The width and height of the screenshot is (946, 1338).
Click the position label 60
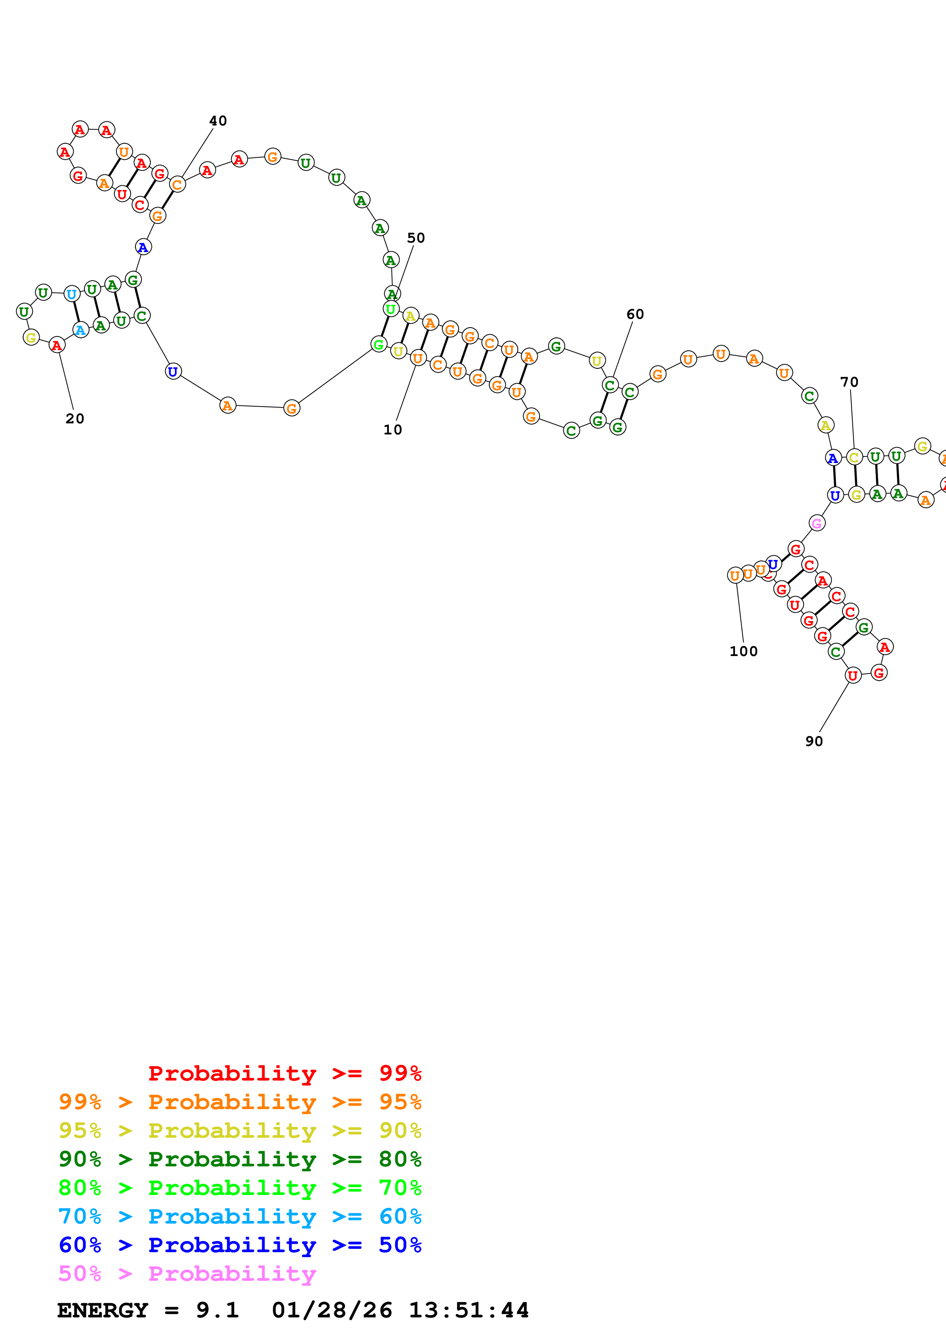[x=635, y=315]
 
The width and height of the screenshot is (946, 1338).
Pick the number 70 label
[x=849, y=382]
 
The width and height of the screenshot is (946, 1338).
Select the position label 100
[x=743, y=651]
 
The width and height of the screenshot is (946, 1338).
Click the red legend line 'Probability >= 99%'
[x=284, y=1073]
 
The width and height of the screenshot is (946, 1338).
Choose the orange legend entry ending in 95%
[x=240, y=1102]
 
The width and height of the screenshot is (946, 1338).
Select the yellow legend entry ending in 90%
[x=240, y=1131]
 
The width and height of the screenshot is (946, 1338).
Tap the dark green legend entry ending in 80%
[x=240, y=1159]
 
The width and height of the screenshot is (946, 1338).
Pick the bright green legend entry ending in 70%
[x=240, y=1188]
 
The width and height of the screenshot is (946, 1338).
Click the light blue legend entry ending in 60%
[x=240, y=1216]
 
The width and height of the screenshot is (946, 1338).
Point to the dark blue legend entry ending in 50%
[x=240, y=1245]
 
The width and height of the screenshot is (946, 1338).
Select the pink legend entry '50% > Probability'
[x=187, y=1273]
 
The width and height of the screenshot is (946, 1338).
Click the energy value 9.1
[x=217, y=1310]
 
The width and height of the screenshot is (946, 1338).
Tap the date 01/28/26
[x=332, y=1310]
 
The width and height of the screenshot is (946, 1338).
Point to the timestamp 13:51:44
[x=468, y=1310]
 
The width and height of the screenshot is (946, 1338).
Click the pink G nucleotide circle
[x=817, y=523]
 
